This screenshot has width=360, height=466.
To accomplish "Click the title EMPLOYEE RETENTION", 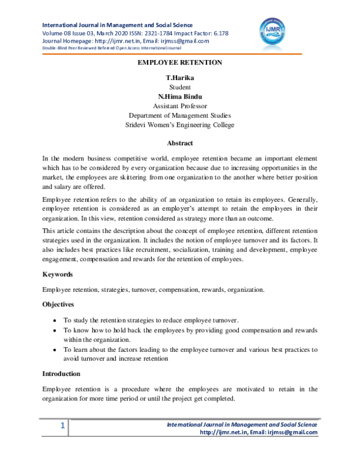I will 180,62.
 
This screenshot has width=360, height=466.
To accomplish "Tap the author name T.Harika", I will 180,78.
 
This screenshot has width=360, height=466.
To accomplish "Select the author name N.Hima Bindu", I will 180,97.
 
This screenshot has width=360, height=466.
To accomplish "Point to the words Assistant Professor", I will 180,106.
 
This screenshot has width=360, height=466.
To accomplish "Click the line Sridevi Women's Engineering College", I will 180,125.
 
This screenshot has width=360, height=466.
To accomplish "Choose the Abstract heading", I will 180,143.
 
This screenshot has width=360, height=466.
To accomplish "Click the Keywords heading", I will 59,274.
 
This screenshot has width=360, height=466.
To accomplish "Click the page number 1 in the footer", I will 62,426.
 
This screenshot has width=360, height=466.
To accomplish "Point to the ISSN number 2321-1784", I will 146,33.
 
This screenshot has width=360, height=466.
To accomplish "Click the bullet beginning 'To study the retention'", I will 56,321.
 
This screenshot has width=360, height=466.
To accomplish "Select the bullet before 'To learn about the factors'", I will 56,349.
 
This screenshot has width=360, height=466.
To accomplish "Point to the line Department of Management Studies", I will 180,115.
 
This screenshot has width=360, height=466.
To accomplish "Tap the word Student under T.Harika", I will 180,88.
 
